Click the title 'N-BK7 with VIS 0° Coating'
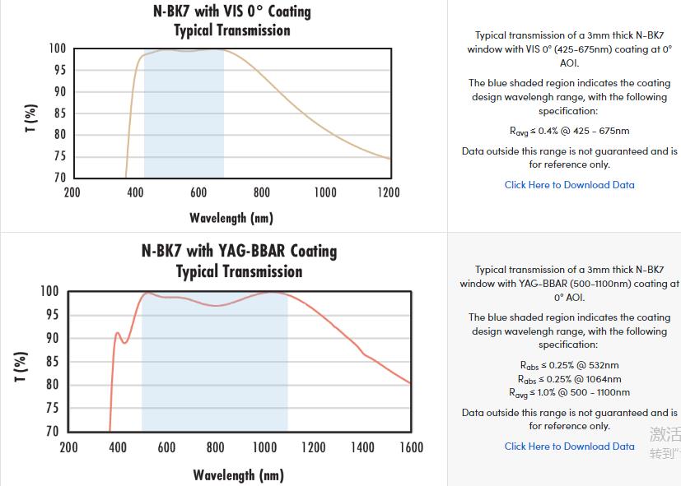(232, 12)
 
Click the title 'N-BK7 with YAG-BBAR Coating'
(239, 251)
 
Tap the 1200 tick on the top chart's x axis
(388, 192)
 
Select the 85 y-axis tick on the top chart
(58, 113)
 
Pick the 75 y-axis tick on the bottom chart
(51, 408)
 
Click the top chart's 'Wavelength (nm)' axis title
(231, 218)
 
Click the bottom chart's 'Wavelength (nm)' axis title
(238, 475)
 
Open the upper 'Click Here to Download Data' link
(569, 185)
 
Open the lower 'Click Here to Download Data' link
(569, 447)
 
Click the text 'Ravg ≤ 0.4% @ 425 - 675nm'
(569, 131)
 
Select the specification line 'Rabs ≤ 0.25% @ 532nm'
(569, 365)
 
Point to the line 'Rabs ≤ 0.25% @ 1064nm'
(569, 379)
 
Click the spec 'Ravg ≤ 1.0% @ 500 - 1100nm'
(569, 393)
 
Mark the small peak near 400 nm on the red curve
(117, 333)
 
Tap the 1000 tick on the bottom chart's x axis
(264, 447)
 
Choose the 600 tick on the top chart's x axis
(198, 192)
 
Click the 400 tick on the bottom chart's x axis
(118, 447)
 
